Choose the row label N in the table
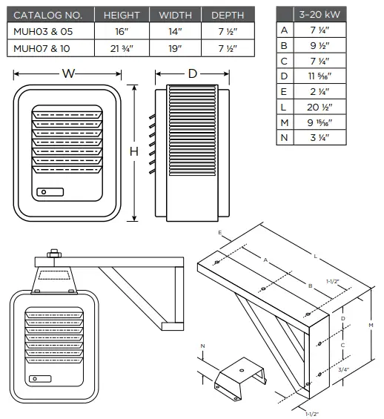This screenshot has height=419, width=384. click(x=284, y=138)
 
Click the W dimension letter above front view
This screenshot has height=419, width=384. click(x=68, y=74)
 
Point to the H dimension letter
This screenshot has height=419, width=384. click(x=134, y=152)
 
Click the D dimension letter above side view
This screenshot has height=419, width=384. click(x=191, y=74)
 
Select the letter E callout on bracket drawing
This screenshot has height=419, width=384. click(x=220, y=232)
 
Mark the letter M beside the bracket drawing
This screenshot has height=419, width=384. click(x=371, y=323)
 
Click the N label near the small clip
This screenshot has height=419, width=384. click(x=203, y=346)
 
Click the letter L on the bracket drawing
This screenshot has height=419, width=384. click(x=317, y=257)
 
